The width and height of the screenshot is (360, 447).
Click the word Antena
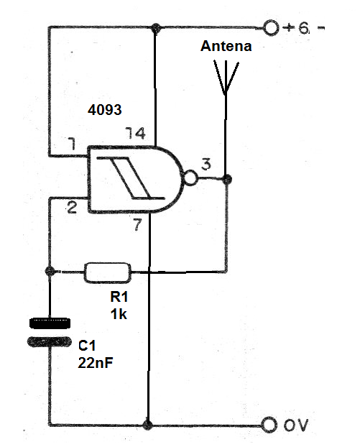pyautogui.click(x=226, y=47)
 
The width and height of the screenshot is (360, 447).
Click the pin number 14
pyautogui.click(x=134, y=134)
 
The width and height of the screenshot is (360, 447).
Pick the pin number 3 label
pyautogui.click(x=206, y=165)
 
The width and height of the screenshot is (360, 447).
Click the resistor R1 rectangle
pyautogui.click(x=108, y=272)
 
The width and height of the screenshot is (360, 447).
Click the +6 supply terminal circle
pyautogui.click(x=271, y=28)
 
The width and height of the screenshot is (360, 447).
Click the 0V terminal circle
pyautogui.click(x=269, y=425)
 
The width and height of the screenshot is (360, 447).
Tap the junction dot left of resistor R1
pyautogui.click(x=49, y=272)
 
